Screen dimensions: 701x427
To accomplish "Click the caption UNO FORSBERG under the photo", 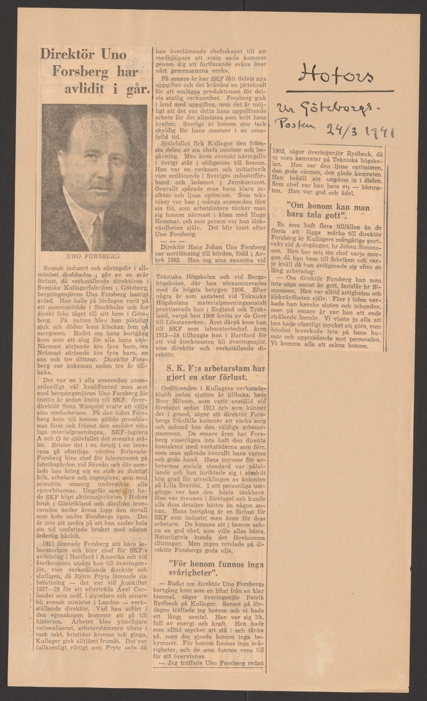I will (94, 255).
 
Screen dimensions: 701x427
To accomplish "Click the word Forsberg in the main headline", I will (94, 73).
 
